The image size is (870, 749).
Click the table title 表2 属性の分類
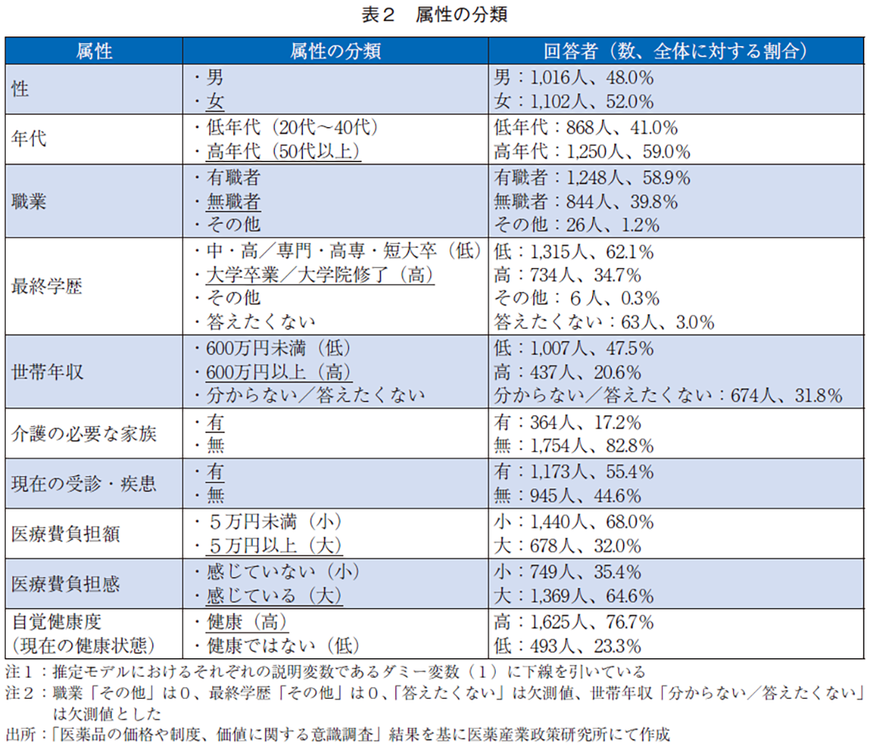pyautogui.click(x=434, y=15)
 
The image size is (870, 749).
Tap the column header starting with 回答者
pyautogui.click(x=677, y=52)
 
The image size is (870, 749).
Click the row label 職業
pyautogui.click(x=29, y=201)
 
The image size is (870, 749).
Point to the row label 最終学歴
pyautogui.click(x=46, y=287)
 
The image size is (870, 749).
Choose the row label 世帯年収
pyautogui.click(x=46, y=372)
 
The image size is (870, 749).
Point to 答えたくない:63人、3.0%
pyautogui.click(x=603, y=323)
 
